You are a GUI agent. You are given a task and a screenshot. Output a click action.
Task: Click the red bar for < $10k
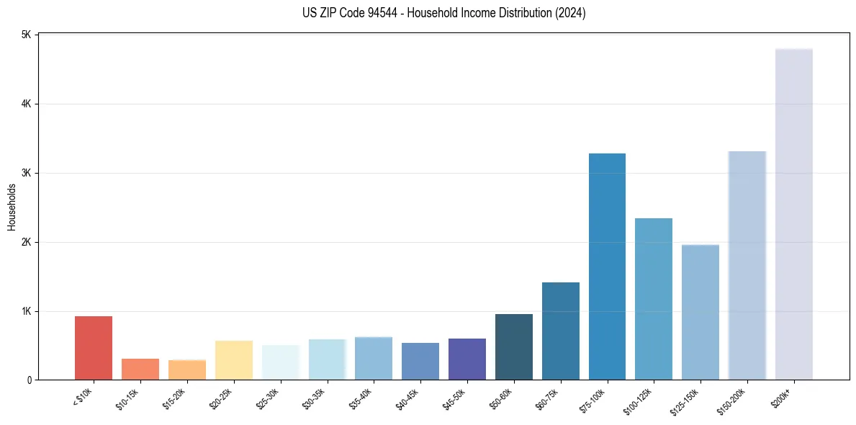94,348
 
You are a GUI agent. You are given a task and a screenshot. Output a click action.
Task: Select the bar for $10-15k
140,369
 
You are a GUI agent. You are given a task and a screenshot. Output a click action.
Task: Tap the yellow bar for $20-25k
233,360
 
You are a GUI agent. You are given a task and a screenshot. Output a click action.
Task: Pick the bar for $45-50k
467,359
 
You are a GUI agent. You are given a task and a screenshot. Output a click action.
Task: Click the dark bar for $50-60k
513,346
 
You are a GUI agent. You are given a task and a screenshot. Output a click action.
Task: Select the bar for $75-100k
607,267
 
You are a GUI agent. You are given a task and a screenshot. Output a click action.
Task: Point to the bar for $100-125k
654,299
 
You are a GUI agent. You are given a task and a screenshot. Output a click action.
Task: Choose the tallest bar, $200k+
793,214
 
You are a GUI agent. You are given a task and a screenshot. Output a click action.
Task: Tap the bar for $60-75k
560,331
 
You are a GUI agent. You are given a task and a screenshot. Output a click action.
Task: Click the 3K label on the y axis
26,173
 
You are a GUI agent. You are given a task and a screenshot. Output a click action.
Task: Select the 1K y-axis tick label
26,311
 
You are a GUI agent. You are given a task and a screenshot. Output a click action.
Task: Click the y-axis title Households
12,207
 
